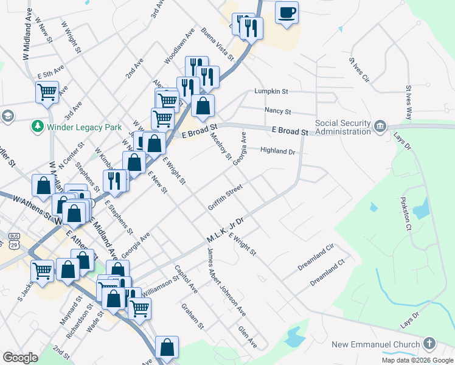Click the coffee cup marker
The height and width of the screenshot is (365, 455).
click(287, 13)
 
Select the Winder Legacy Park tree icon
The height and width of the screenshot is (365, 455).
click(38, 127)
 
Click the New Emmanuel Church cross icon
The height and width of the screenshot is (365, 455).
click(430, 344)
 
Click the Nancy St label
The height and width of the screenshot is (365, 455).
click(278, 111)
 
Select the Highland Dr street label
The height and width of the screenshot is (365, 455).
click(277, 151)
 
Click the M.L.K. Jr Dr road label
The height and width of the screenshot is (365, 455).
click(224, 229)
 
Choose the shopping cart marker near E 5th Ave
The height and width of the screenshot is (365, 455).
click(47, 92)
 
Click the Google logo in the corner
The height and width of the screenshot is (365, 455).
click(20, 358)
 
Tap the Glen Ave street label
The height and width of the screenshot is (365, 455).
click(248, 337)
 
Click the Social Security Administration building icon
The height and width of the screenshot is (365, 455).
click(380, 126)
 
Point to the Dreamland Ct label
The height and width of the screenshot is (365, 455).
click(327, 274)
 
